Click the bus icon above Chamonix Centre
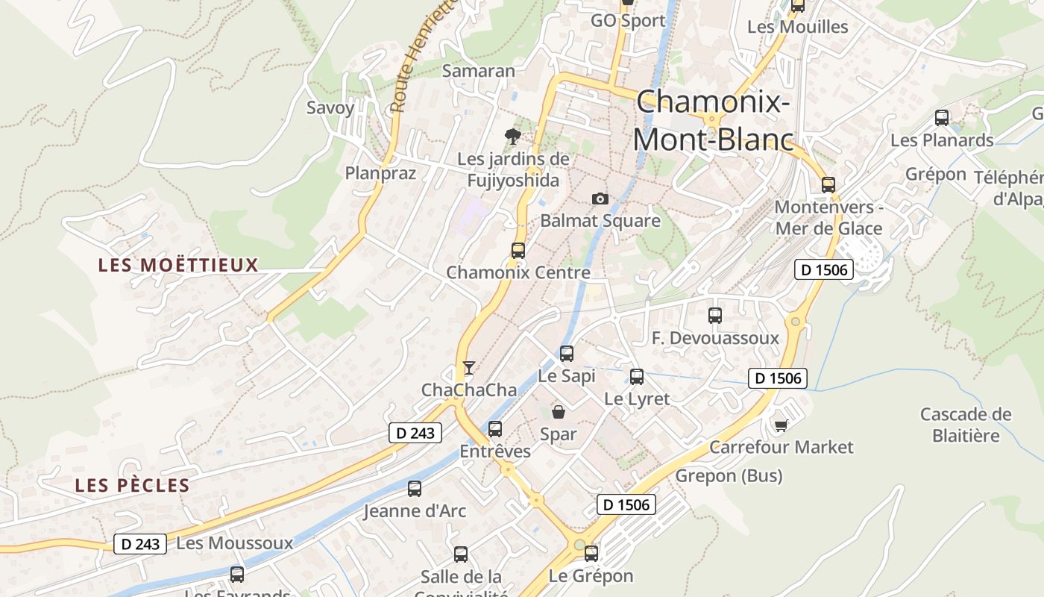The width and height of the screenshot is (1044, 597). (x=518, y=251)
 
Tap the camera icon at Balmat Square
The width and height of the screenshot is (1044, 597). (x=600, y=199)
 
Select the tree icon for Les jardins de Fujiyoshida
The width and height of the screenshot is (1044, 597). (x=512, y=136)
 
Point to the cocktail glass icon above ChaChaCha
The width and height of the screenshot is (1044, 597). (x=468, y=368)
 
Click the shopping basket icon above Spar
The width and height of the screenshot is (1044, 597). (x=558, y=411)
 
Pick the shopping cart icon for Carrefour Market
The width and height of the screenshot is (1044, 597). (x=781, y=425)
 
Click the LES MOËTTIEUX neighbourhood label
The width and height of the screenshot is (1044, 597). (x=178, y=265)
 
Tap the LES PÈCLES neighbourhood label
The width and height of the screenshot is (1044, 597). (x=132, y=486)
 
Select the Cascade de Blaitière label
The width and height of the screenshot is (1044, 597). (x=966, y=425)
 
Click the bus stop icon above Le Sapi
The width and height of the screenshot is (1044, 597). (x=567, y=354)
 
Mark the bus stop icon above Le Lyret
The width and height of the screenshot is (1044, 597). (x=637, y=377)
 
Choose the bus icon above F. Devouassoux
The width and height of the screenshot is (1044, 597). (x=715, y=316)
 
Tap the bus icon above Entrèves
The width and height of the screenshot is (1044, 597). (x=495, y=429)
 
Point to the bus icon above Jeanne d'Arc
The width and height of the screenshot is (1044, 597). (x=415, y=489)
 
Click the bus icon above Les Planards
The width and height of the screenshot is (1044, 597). (x=942, y=118)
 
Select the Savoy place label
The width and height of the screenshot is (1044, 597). (x=330, y=107)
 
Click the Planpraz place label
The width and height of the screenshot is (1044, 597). (x=380, y=173)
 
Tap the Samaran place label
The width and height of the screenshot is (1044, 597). (x=479, y=71)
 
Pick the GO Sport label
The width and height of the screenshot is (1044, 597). (x=628, y=21)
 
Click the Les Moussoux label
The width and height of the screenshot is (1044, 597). (x=235, y=543)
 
